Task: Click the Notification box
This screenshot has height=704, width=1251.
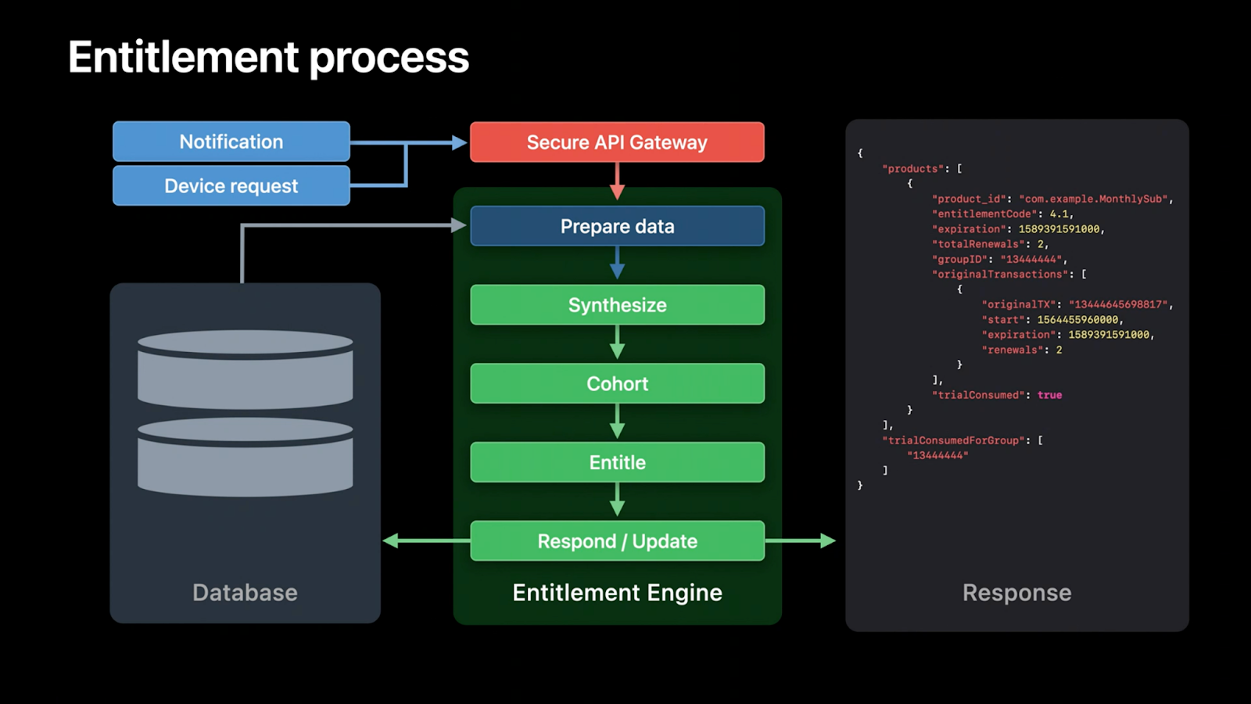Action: tap(231, 142)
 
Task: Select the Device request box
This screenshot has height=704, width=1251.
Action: tap(231, 185)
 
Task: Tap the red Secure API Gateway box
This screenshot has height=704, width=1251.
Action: tap(617, 142)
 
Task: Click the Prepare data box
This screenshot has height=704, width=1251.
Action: tap(617, 226)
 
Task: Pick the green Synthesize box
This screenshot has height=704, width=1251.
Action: tap(617, 305)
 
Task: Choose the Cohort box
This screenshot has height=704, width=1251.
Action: tap(617, 383)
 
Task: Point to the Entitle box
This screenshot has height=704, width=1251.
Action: tap(617, 462)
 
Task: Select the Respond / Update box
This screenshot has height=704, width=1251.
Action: tap(617, 541)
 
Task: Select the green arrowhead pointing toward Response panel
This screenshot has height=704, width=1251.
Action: tap(827, 541)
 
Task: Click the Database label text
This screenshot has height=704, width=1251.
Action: tap(245, 592)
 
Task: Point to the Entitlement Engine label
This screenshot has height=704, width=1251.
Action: tap(617, 592)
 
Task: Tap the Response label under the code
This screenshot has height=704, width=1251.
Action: tap(1016, 592)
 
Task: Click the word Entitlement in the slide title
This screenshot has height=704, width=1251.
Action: tap(184, 57)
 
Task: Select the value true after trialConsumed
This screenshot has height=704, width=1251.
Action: tap(1049, 395)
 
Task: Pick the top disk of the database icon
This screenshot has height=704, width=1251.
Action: tap(245, 368)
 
